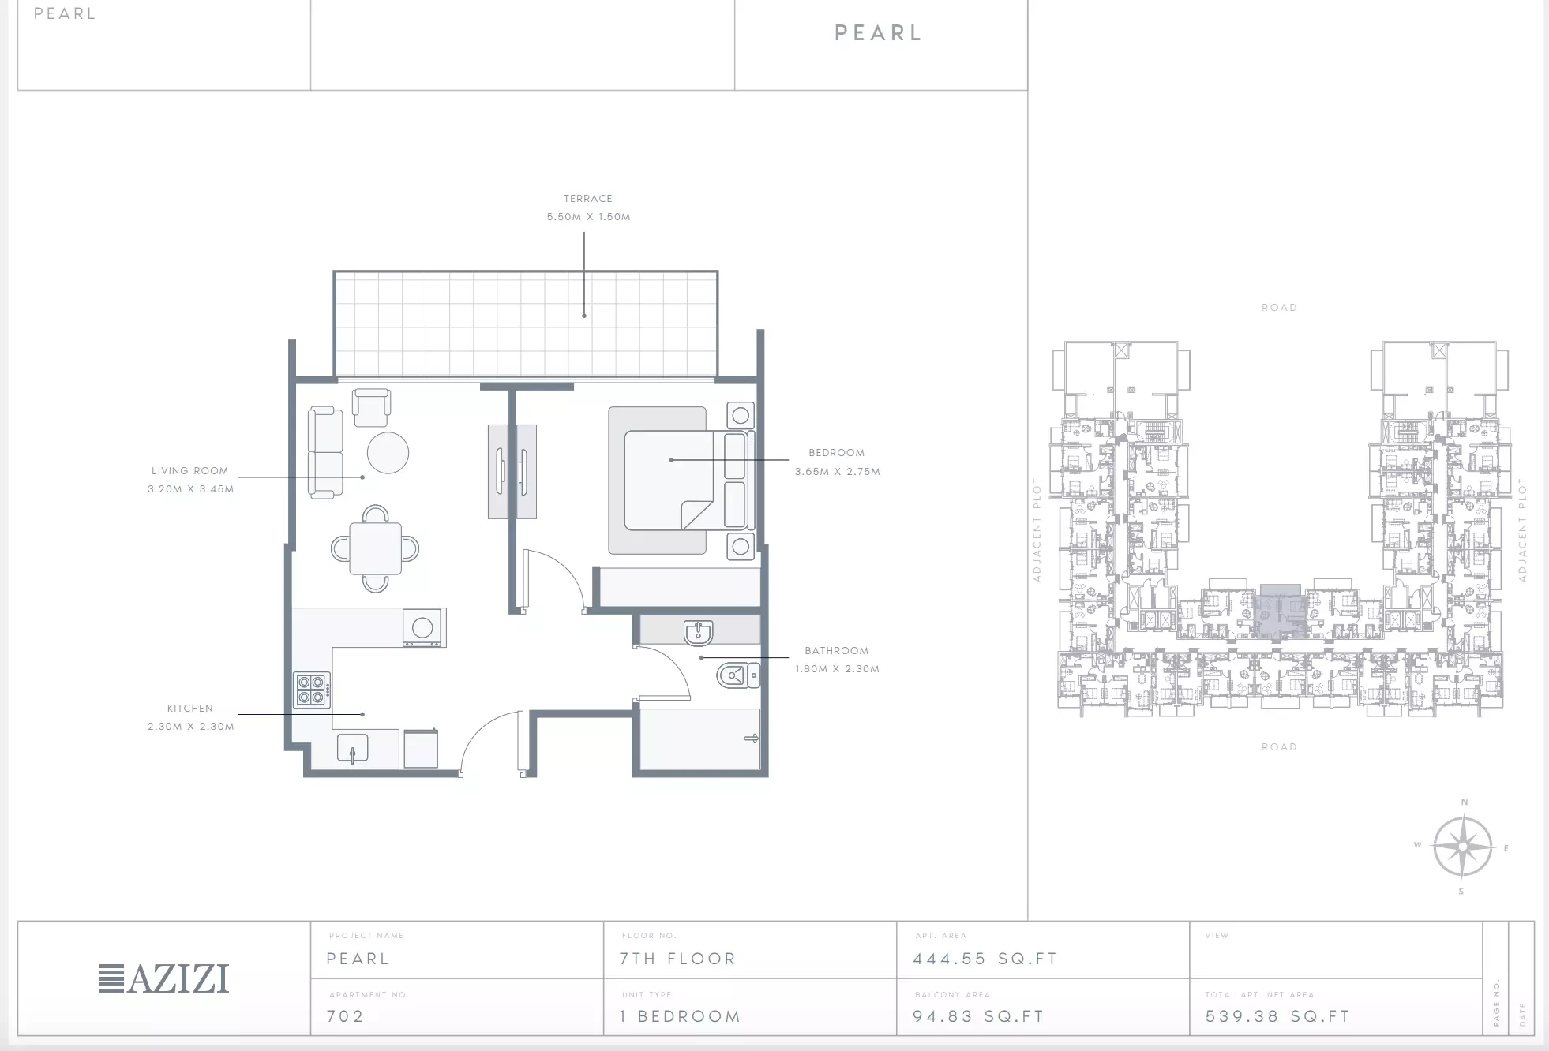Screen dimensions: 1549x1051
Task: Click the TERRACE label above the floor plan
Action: [x=588, y=199]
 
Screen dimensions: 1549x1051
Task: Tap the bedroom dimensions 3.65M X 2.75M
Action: [x=837, y=472]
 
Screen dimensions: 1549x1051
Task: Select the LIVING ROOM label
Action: [x=190, y=471]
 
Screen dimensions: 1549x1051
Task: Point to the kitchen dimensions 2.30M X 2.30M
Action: [x=191, y=727]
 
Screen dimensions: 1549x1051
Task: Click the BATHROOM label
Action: [x=837, y=651]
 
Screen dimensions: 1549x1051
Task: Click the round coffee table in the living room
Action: [x=388, y=453]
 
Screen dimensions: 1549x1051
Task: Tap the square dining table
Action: [x=376, y=548]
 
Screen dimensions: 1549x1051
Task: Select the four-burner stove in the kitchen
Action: [x=312, y=690]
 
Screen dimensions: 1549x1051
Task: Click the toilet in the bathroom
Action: [x=738, y=675]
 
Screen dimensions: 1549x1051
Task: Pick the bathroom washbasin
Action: [x=699, y=633]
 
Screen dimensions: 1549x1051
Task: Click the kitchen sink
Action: [x=353, y=749]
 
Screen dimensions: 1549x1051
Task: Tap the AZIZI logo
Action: [x=164, y=979]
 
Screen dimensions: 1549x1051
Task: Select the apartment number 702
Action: [x=345, y=1016]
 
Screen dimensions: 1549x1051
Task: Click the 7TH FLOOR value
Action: [x=677, y=959]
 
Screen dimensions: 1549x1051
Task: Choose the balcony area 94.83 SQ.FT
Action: [x=978, y=1016]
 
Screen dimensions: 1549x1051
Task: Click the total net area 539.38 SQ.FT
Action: [x=1277, y=1016]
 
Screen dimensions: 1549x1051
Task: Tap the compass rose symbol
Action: [x=1462, y=847]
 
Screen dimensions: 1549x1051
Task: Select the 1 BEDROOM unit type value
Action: [x=680, y=1016]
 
